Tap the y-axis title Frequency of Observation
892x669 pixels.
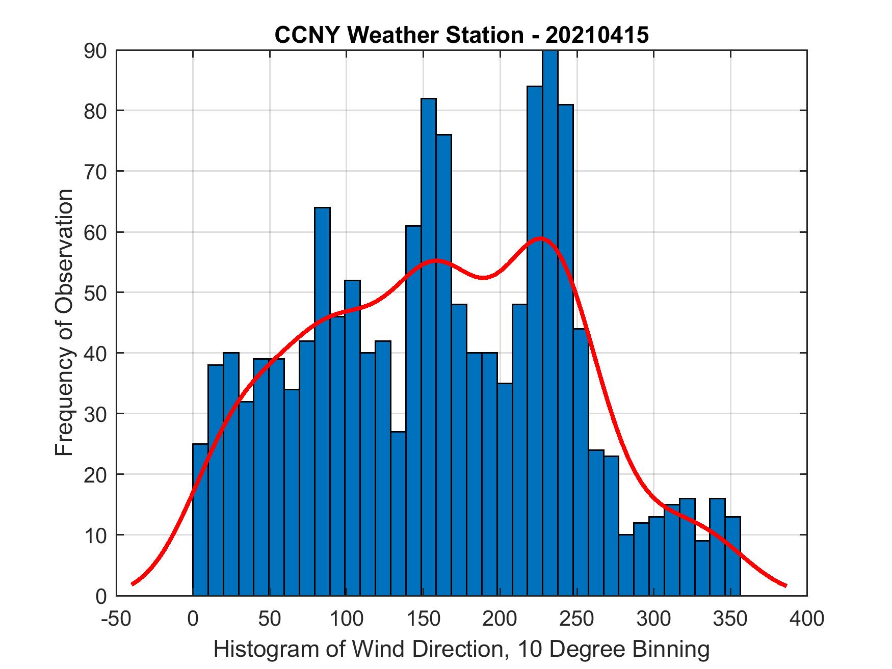pos(65,323)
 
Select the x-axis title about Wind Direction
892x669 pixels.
pos(461,649)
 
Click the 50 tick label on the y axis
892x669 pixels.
pos(95,292)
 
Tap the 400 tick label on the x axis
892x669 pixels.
pos(807,619)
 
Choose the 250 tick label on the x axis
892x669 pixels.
pos(576,619)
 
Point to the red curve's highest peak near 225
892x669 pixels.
pos(541,238)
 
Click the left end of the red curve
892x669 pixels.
pos(133,584)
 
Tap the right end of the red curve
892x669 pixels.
pos(785,585)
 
